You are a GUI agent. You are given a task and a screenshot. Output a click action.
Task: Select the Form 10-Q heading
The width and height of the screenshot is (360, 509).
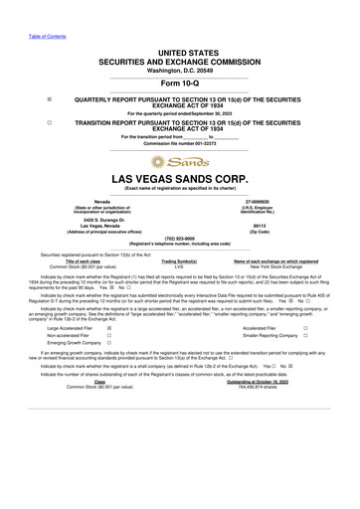(179, 83)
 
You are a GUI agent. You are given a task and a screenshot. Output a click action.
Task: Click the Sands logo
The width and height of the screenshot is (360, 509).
(179, 162)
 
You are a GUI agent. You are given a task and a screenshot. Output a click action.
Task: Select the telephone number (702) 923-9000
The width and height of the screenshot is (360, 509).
(179, 238)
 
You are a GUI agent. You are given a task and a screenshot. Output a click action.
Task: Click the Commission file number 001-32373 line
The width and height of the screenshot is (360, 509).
(179, 142)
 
